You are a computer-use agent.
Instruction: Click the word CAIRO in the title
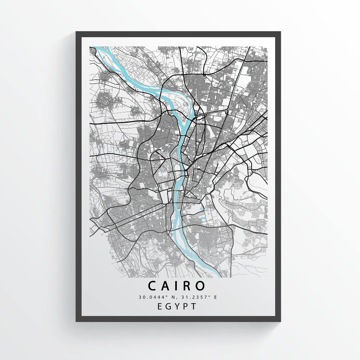(177, 286)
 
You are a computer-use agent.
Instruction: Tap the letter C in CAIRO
(152, 286)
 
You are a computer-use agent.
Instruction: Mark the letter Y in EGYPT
(178, 306)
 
